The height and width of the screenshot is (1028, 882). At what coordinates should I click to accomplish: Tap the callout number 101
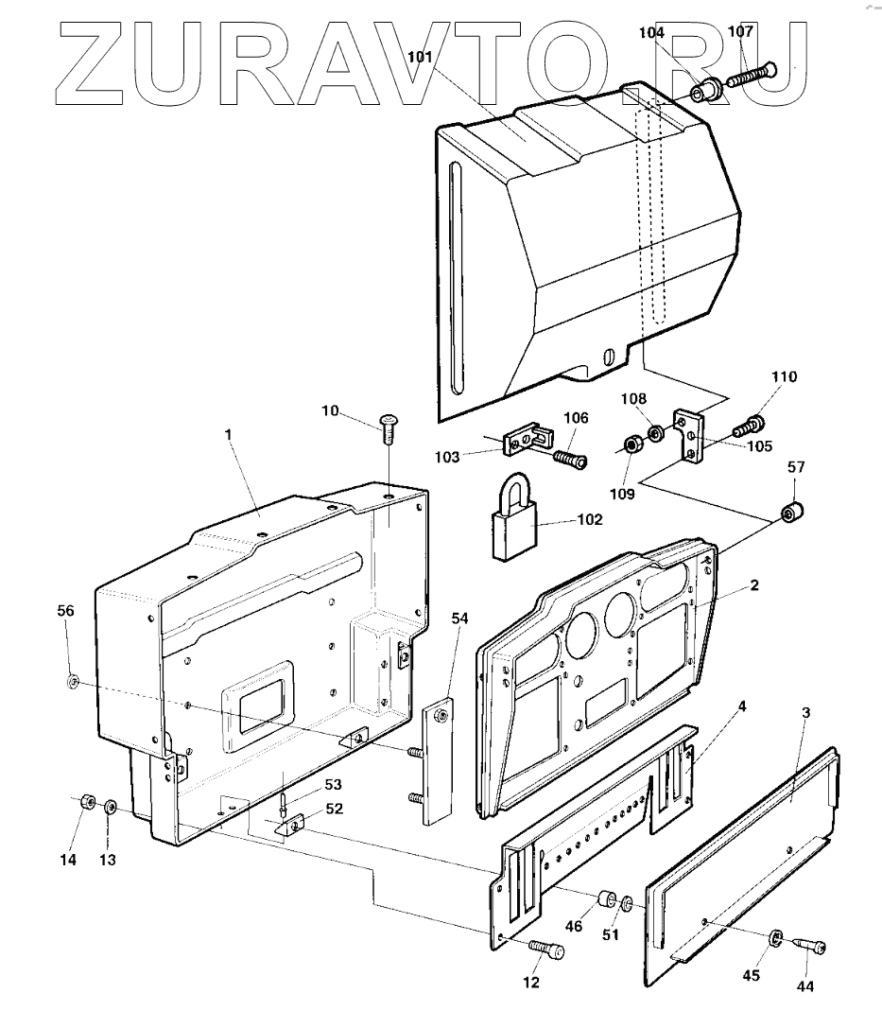pyautogui.click(x=420, y=57)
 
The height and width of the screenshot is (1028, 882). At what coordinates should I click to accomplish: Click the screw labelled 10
pyautogui.click(x=389, y=428)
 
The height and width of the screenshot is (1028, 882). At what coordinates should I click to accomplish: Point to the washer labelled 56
pyautogui.click(x=72, y=681)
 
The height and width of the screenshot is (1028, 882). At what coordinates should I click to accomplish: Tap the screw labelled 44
pyautogui.click(x=810, y=944)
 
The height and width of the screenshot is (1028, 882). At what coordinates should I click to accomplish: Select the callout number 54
pyautogui.click(x=459, y=618)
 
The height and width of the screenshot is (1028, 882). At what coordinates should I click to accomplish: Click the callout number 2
pyautogui.click(x=754, y=585)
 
